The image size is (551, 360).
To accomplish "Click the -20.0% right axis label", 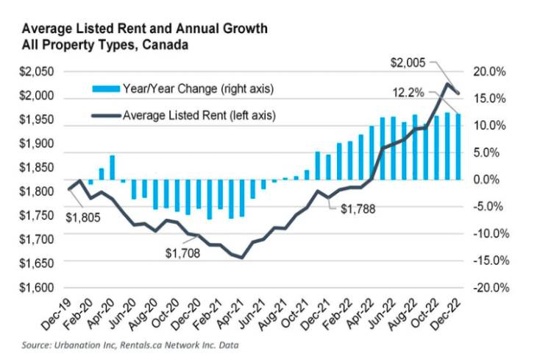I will (487, 287).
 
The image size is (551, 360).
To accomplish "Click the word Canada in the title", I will (166, 45).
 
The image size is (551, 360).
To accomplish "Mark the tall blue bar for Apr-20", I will (112, 167).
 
